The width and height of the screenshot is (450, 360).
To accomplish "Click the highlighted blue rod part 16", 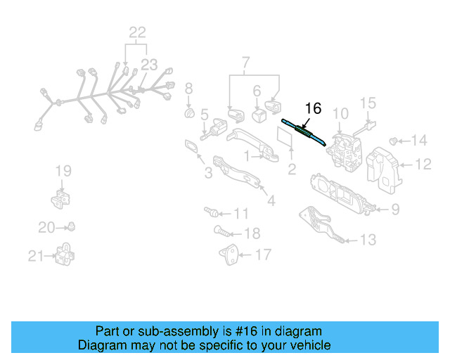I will coord(304,131).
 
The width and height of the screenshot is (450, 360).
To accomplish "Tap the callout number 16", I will coord(313,108).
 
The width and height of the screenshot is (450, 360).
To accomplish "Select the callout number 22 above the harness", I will coord(137,32).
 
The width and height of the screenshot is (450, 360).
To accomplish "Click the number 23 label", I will coord(148,65).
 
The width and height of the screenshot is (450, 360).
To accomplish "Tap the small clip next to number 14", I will coord(394,140).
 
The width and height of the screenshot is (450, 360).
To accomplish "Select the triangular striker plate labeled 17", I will coord(230,255).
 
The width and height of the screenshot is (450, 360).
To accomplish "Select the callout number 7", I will coord(245,65).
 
